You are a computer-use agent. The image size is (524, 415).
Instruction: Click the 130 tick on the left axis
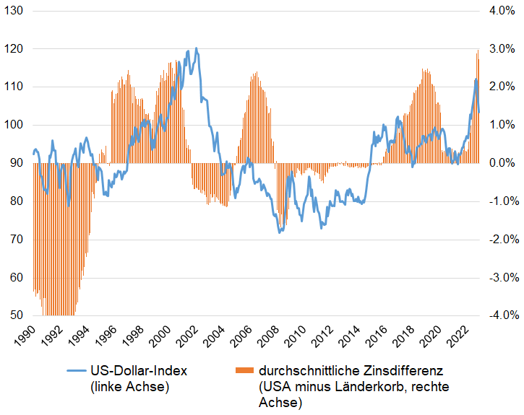coord(15,12)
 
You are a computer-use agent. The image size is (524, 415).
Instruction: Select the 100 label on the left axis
coord(15,125)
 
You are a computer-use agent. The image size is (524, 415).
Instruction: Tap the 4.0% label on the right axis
coord(500,12)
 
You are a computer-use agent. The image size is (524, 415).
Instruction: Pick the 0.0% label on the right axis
coord(500,163)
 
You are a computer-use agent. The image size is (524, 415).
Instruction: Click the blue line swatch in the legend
coord(77,371)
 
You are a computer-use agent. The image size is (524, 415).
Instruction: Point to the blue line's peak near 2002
coord(196,48)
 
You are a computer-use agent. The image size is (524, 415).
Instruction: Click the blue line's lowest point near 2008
coord(280,232)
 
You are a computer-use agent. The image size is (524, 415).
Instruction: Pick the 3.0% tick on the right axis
coord(500,49)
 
